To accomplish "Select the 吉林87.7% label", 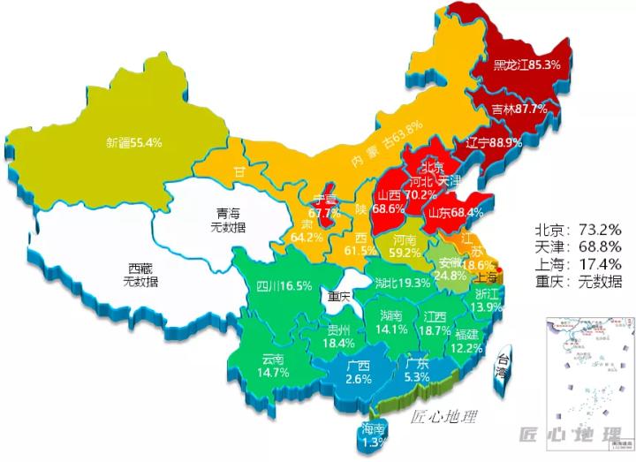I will pyautogui.click(x=519, y=109).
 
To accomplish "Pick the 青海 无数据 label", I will pyautogui.click(x=229, y=220).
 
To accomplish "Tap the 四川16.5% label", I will pyautogui.click(x=284, y=285).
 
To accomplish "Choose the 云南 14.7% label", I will pyautogui.click(x=275, y=366).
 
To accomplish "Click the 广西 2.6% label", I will pyautogui.click(x=358, y=372).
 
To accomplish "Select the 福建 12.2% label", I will pyautogui.click(x=469, y=341).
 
